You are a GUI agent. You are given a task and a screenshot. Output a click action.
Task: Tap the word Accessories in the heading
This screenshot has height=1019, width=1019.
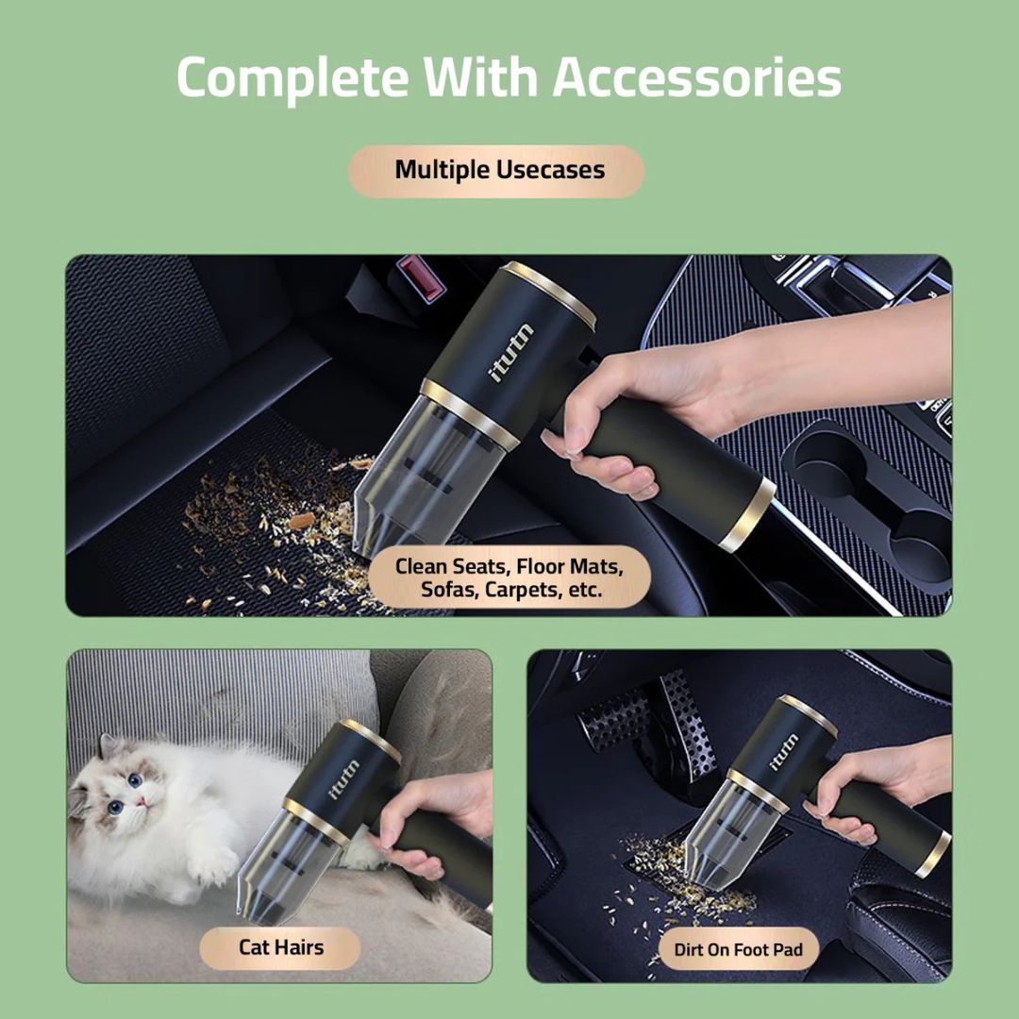[x=696, y=77]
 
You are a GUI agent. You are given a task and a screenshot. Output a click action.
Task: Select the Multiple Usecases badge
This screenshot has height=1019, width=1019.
[x=496, y=171]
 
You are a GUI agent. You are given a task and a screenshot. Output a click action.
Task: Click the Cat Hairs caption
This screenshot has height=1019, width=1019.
[x=280, y=947]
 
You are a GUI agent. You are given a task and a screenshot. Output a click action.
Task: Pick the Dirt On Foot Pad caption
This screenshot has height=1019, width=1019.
[x=738, y=949]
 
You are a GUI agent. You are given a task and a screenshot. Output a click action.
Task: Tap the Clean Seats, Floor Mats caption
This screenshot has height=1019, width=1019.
[x=509, y=577]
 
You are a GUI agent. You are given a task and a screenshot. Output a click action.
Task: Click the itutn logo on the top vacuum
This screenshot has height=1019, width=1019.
[x=510, y=352]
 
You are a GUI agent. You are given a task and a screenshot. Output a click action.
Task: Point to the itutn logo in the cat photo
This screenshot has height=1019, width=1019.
[x=343, y=779]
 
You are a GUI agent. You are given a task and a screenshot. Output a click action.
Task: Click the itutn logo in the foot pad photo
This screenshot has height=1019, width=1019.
[x=784, y=752]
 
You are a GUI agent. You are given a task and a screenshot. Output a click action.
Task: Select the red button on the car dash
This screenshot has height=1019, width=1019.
[x=422, y=278]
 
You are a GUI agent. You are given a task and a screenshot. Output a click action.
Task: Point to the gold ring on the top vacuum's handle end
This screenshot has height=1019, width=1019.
[x=748, y=515]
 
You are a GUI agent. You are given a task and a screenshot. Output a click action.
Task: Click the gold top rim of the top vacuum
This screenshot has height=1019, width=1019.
[x=548, y=293]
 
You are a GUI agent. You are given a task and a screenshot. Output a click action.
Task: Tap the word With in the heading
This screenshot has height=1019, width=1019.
[x=481, y=77]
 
